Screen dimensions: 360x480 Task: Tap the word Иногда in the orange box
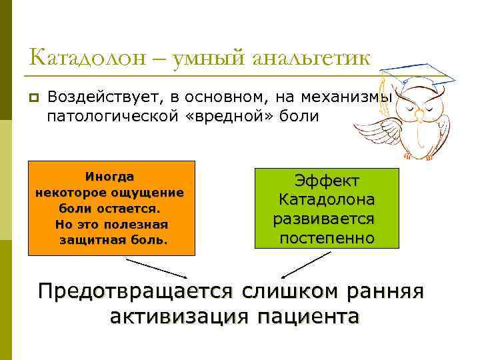click(x=109, y=177)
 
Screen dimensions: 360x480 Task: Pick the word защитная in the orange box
click(x=93, y=238)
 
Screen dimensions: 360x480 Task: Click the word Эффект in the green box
click(x=327, y=181)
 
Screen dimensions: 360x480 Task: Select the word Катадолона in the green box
click(x=327, y=199)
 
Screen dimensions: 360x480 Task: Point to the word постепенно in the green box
click(x=327, y=238)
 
